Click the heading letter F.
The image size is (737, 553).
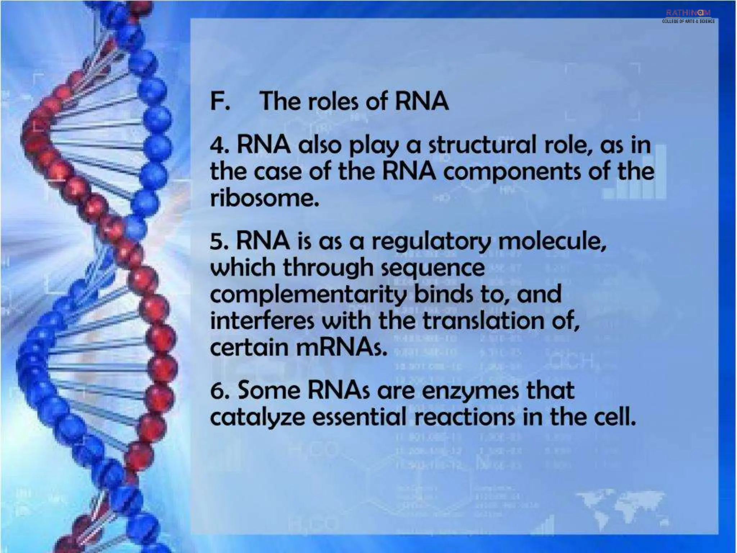coord(218,101)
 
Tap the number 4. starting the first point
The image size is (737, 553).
coord(220,146)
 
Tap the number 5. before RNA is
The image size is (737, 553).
coord(220,241)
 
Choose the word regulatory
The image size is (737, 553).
coord(431,242)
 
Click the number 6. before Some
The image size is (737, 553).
coord(220,391)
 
